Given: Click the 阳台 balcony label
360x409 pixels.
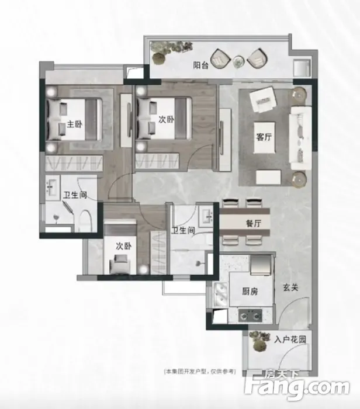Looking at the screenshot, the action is [201, 65].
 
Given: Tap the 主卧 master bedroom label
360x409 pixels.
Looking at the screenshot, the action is [75, 124].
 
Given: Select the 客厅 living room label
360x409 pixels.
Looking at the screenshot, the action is [264, 137].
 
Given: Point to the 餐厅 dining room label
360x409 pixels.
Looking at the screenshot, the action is [253, 223].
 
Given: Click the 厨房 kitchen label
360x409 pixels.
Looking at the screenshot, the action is [250, 292].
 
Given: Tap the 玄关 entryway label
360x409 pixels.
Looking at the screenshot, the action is [290, 287].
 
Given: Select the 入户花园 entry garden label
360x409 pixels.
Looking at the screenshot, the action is [290, 339].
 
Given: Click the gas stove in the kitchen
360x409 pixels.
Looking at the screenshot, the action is [250, 315].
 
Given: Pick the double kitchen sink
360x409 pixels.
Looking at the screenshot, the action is [221, 294].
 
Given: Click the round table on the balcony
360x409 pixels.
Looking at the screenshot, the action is [238, 62].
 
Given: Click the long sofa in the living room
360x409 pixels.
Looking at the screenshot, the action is [301, 138].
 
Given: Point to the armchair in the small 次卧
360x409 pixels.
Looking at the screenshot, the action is [119, 264].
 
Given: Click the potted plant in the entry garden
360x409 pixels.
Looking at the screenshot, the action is [259, 341].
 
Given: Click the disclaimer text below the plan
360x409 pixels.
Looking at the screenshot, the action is [199, 372].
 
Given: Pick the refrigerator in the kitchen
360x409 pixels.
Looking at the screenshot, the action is [261, 265].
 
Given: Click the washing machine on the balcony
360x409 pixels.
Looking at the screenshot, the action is [302, 68].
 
